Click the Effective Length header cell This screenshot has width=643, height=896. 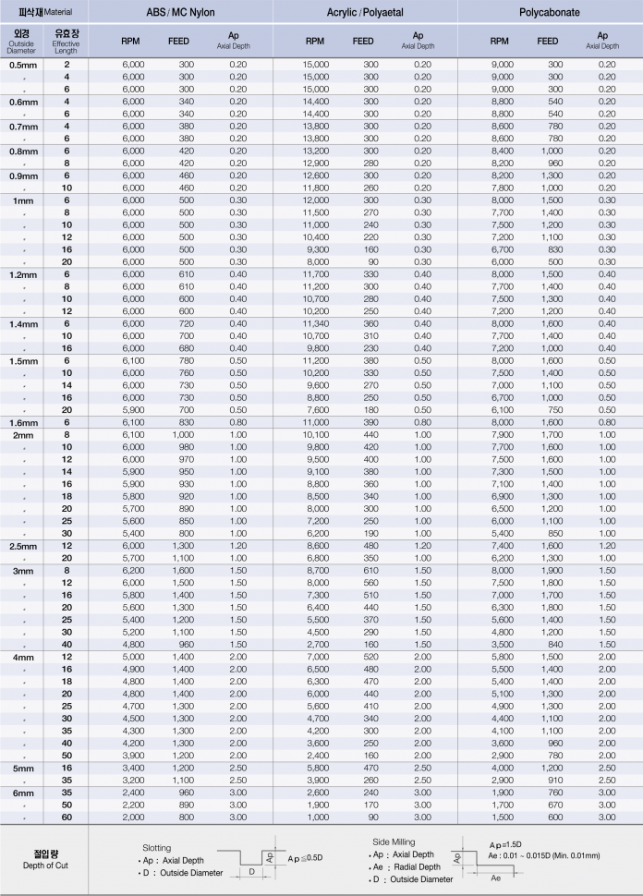(x=67, y=42)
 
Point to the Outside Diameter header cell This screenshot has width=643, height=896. (x=22, y=42)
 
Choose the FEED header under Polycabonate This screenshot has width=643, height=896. (x=548, y=42)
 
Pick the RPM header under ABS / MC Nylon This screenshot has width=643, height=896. (x=130, y=42)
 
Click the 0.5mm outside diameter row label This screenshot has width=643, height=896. (x=22, y=65)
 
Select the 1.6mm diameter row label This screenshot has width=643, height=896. (x=22, y=421)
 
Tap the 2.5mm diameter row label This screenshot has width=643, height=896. (x=22, y=546)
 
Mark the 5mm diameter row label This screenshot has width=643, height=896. (x=22, y=768)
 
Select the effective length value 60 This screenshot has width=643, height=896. (x=67, y=817)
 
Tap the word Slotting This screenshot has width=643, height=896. (x=156, y=846)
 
